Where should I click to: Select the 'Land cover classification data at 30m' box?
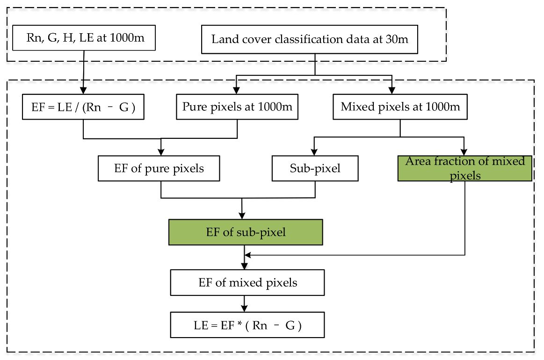pos(310,39)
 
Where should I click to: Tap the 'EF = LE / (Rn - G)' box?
pos(83,107)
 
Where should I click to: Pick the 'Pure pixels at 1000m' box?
pos(237,107)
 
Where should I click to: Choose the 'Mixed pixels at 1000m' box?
pos(400,107)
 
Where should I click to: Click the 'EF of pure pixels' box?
pos(159,168)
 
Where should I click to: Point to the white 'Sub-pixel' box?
pos(315,168)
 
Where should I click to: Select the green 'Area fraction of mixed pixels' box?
pos(464,168)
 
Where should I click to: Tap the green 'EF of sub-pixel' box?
pos(246,232)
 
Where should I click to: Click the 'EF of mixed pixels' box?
pos(247,282)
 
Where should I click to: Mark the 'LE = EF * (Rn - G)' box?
pos(247,325)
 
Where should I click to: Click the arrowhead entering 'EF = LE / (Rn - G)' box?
pos(84,91)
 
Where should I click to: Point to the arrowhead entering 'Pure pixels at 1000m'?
pos(237,91)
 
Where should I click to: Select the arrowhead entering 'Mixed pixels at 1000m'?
pos(392,91)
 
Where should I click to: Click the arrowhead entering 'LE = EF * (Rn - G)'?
pos(244,310)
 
